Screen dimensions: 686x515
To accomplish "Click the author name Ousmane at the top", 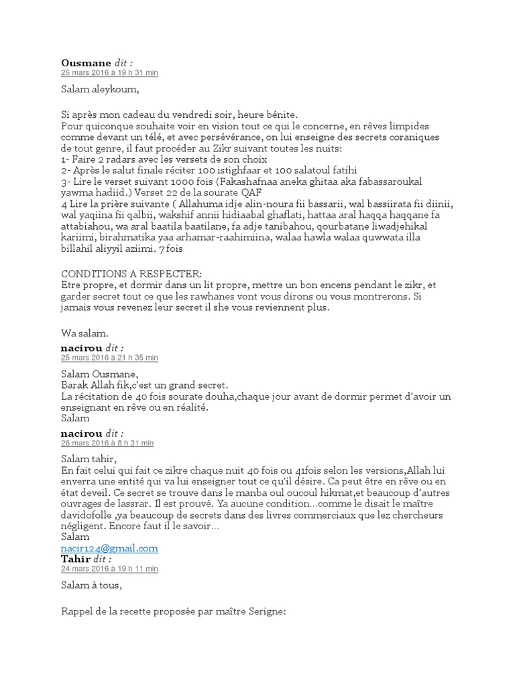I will pos(86,63).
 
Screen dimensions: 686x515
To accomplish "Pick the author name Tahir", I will pos(76,559).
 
